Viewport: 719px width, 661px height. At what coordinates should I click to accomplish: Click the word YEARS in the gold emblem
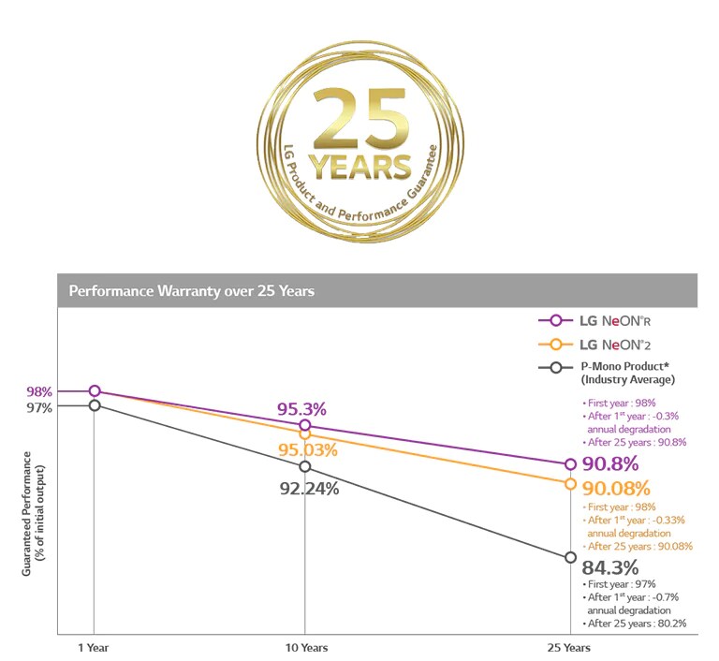(359, 167)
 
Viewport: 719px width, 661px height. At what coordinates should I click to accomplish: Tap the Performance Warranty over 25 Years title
(192, 291)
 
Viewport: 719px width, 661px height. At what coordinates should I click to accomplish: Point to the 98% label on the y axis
(39, 391)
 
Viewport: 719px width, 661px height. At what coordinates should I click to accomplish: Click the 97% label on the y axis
(39, 407)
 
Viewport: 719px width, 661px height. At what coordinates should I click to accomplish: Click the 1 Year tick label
(94, 647)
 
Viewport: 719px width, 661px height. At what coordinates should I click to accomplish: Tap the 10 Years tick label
(305, 647)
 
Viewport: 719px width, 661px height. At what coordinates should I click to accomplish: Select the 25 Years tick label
(569, 647)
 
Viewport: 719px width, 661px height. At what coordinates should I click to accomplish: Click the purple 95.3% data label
(301, 409)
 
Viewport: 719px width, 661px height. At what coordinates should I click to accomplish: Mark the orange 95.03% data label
(306, 450)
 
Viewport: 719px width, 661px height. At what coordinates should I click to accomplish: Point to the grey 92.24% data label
(310, 488)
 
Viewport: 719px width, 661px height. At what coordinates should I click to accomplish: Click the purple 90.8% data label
(609, 463)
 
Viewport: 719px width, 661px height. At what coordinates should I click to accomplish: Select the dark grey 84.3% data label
(609, 567)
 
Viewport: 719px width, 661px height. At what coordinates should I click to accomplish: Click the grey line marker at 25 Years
(570, 558)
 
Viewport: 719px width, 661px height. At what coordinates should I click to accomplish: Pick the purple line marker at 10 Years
(305, 426)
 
